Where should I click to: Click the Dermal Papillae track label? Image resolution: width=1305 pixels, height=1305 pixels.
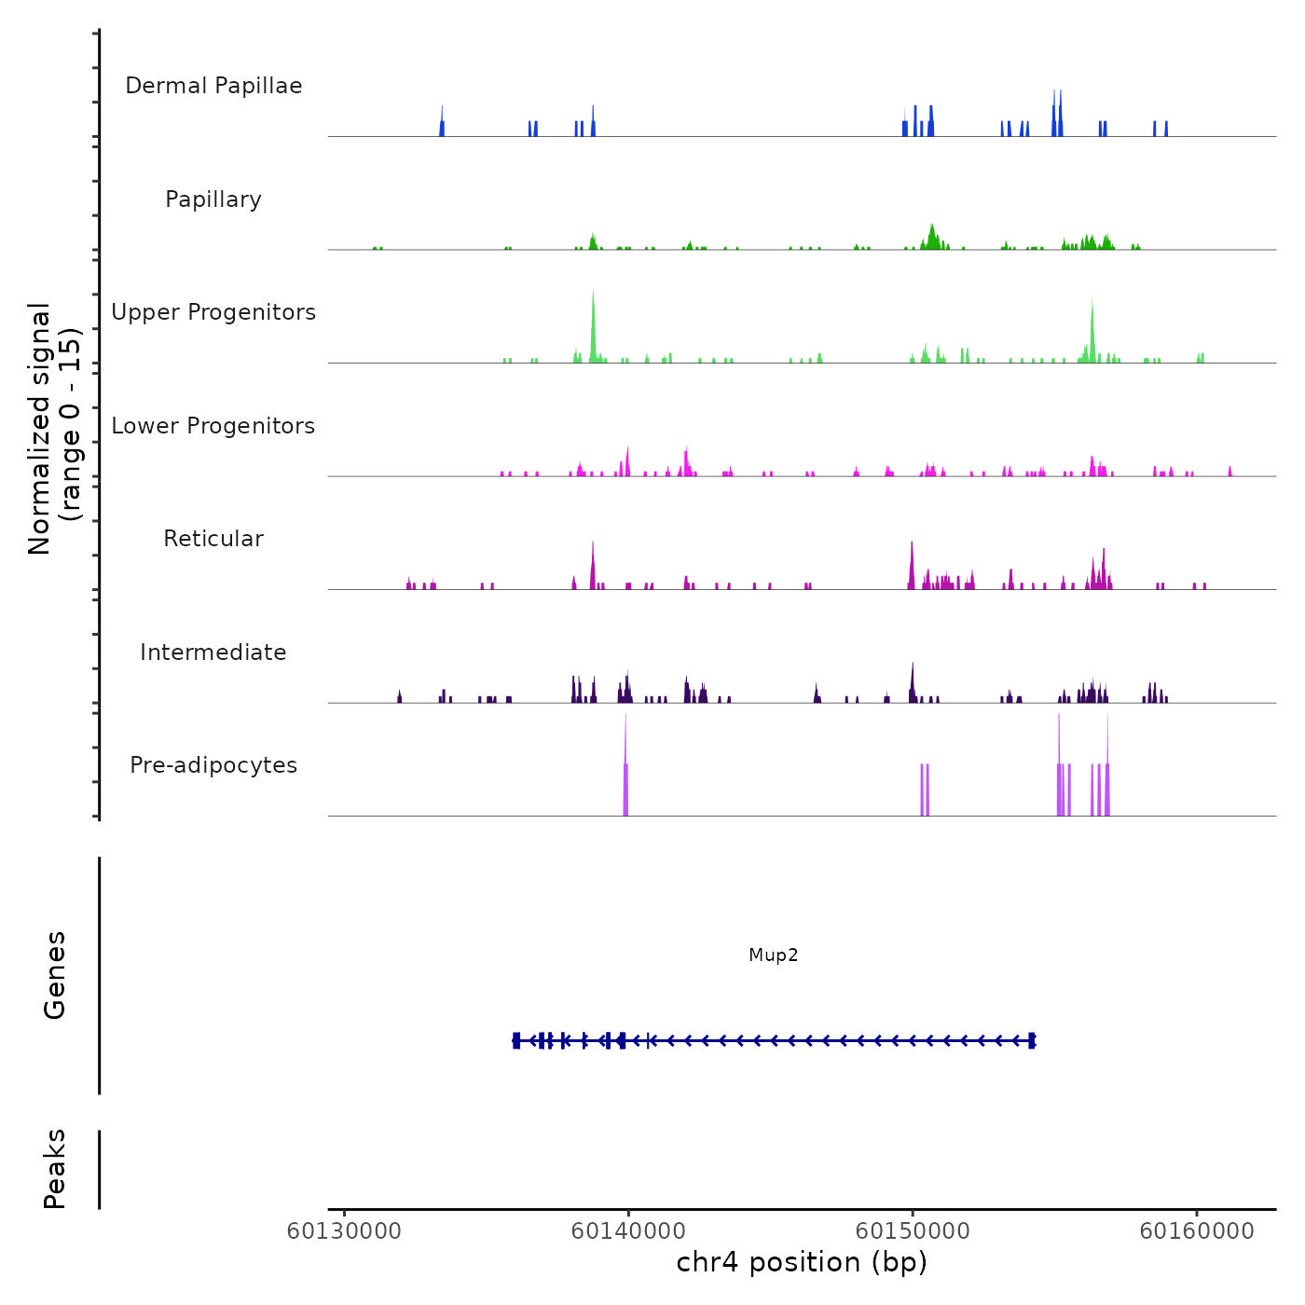tap(213, 86)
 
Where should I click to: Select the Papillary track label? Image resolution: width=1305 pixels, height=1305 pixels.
tap(213, 199)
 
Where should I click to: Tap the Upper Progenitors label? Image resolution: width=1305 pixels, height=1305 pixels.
tap(213, 312)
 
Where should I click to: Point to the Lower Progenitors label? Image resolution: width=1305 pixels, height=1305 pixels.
tap(213, 426)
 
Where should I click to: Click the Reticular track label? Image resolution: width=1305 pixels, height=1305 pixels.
tap(213, 539)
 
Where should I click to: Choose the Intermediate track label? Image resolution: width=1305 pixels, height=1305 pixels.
tap(213, 652)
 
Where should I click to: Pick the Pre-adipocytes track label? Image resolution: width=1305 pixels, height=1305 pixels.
tap(213, 765)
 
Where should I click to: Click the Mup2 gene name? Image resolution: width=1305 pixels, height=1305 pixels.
tap(773, 955)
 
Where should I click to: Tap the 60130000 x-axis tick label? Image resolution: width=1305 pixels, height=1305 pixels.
tap(344, 1231)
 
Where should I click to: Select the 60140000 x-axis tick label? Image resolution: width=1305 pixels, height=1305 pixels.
tap(628, 1231)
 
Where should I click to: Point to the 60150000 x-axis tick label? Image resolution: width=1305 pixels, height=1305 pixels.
tap(913, 1231)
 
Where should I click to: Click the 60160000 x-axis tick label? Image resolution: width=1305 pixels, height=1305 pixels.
tap(1197, 1231)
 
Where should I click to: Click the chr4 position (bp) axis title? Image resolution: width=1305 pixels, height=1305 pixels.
tap(802, 1263)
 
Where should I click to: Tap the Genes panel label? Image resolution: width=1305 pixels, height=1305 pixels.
tap(55, 975)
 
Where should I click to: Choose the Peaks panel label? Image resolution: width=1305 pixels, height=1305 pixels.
tap(55, 1169)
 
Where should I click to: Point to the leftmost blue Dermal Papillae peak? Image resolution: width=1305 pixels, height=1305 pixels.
tap(442, 122)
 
